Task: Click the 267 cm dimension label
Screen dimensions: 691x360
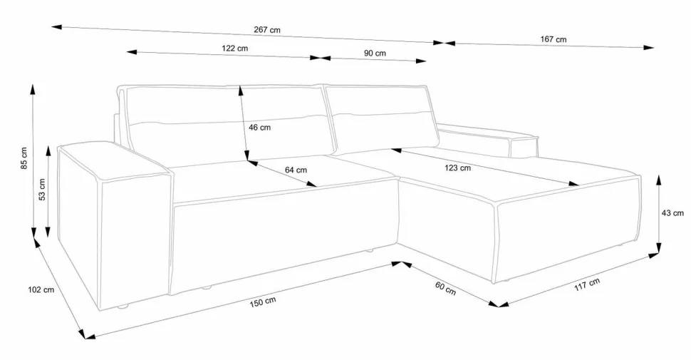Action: [x=267, y=30]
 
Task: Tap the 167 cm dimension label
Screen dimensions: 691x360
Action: [x=553, y=39]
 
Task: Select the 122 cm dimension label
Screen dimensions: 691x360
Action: [x=234, y=48]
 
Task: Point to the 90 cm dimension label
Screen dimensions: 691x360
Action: [x=375, y=53]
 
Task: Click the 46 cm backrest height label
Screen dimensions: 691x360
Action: [x=259, y=128]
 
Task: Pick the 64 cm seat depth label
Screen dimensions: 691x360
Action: [x=296, y=170]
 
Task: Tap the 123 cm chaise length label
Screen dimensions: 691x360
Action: [x=457, y=168]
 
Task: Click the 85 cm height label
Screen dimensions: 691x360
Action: [x=24, y=158]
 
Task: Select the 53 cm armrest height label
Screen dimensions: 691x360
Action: [x=42, y=189]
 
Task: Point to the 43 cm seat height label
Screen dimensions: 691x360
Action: [x=672, y=213]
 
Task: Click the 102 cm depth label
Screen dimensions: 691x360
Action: [x=41, y=290]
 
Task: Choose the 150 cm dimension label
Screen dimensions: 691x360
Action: [x=263, y=302]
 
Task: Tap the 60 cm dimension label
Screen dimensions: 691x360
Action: [x=445, y=288]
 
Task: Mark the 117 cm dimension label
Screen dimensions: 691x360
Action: [x=587, y=284]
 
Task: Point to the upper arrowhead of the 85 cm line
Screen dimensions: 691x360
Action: [x=33, y=89]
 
